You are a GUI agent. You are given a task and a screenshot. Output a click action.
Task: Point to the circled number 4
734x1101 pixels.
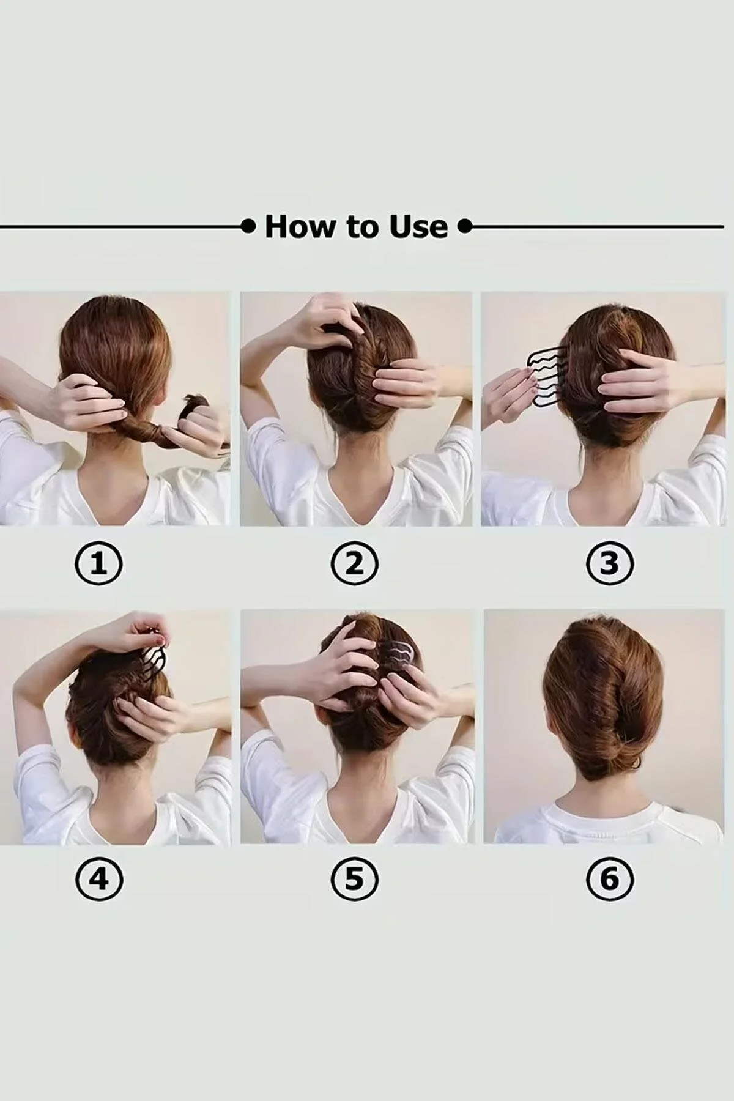tap(98, 880)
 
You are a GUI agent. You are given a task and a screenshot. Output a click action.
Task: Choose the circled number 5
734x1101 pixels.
tap(354, 880)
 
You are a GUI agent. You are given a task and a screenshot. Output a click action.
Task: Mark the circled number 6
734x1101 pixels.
tap(610, 880)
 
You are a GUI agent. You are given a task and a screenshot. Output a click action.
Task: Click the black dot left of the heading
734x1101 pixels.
tap(248, 227)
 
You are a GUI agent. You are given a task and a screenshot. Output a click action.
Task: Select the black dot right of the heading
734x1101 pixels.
tap(465, 227)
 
